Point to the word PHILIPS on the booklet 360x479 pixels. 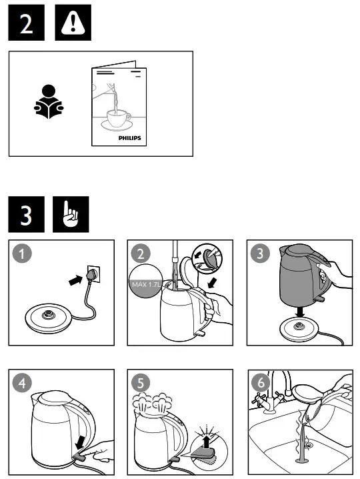(130, 137)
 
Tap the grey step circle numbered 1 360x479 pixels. (24, 254)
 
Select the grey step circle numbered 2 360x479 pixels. (141, 254)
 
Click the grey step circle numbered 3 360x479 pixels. (259, 254)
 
